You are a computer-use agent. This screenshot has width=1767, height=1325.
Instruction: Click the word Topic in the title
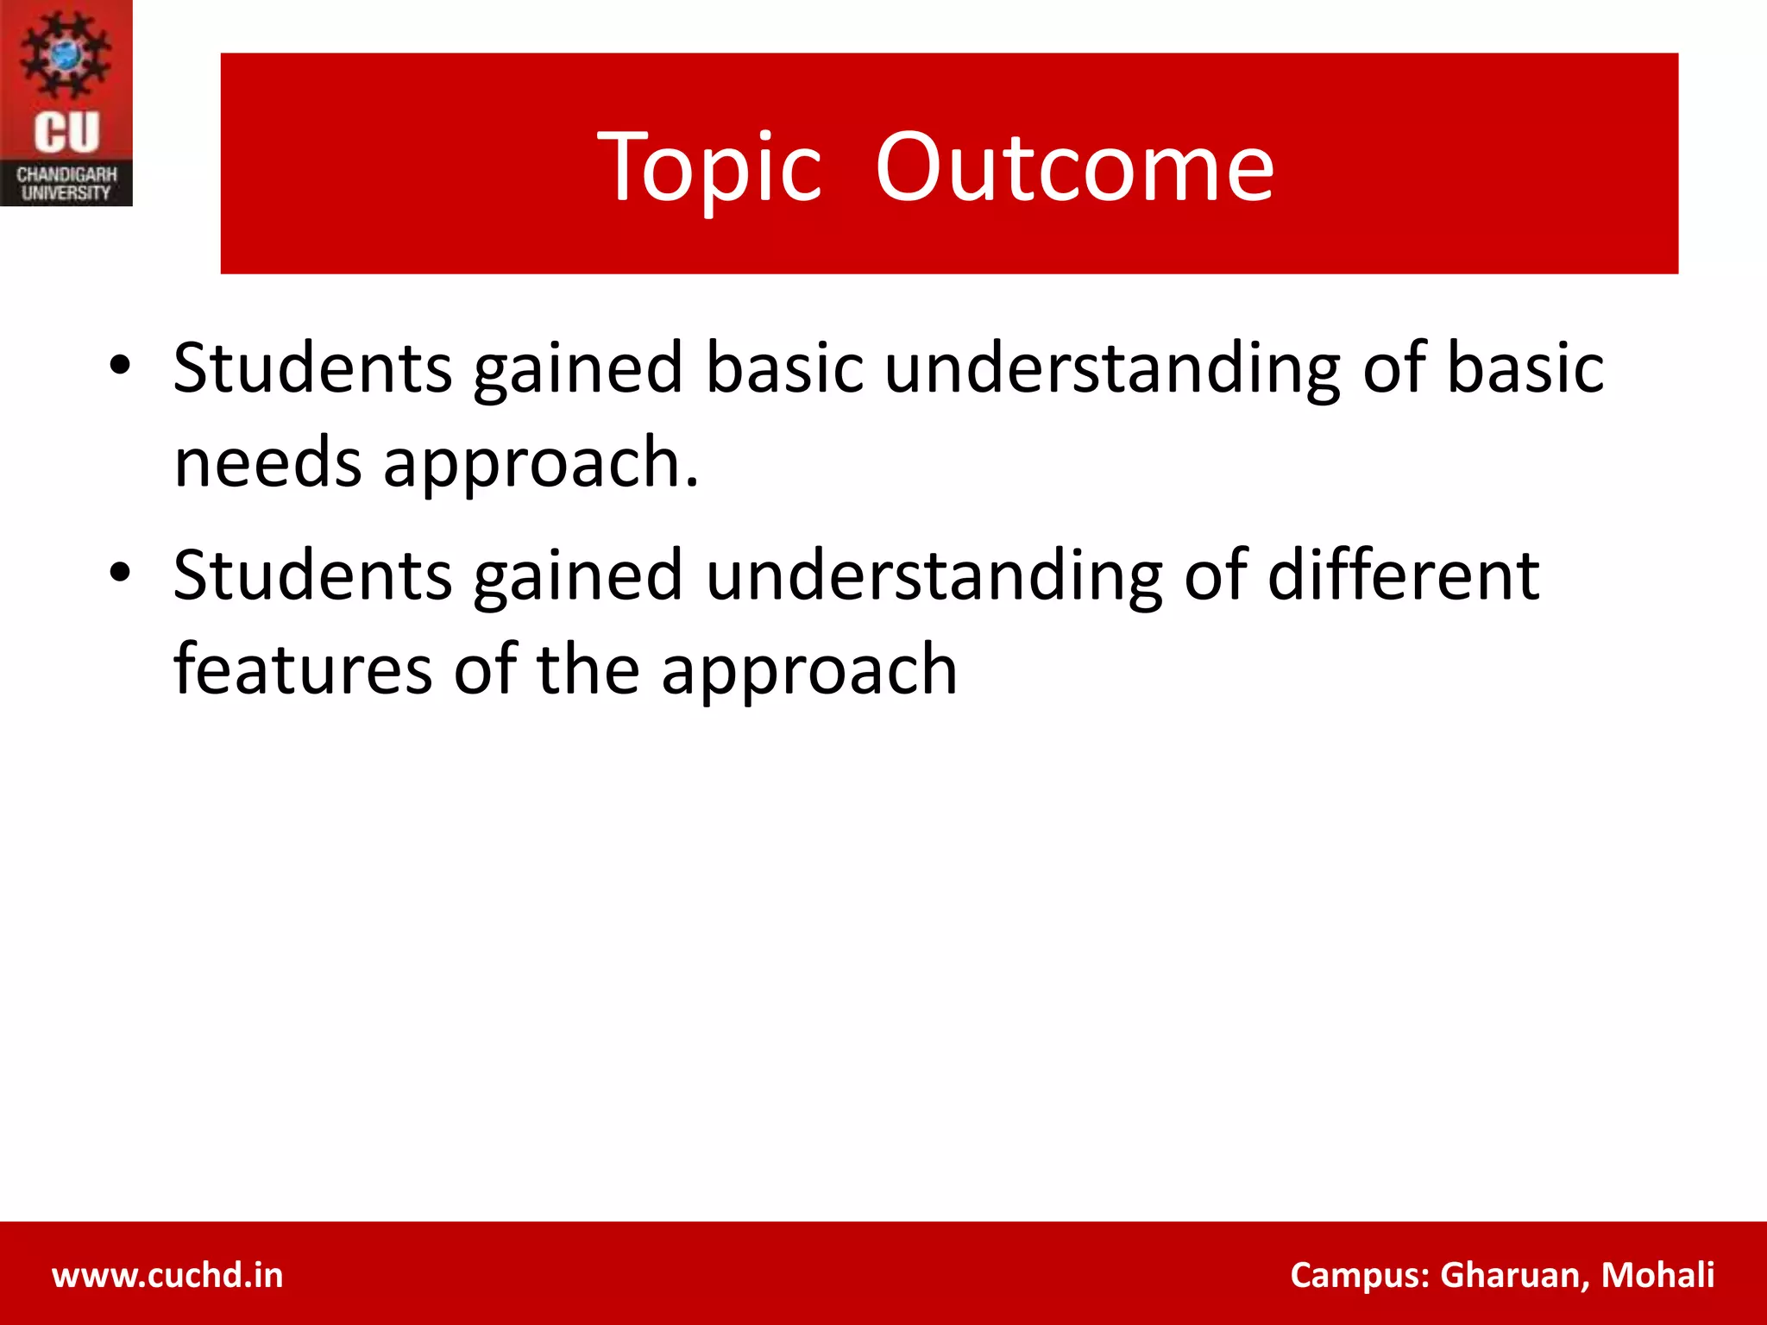709,168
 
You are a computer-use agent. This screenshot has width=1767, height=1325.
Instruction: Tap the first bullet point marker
120,366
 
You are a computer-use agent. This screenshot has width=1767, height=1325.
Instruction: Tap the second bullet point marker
120,573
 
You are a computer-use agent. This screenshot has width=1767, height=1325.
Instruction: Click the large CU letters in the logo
66,133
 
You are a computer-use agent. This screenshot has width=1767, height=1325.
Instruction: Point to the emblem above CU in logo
66,53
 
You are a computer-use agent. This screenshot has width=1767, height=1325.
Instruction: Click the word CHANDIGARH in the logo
66,175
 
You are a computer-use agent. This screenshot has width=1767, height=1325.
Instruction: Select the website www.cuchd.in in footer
167,1275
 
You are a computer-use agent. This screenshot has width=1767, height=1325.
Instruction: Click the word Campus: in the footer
1360,1275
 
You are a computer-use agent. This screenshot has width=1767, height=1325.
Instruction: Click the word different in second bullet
1403,575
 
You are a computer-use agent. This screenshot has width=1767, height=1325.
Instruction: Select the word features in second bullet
303,669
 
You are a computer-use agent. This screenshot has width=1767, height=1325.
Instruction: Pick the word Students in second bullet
312,575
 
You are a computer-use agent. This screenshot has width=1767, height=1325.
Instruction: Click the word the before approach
588,669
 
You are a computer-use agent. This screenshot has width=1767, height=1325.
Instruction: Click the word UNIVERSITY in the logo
66,193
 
